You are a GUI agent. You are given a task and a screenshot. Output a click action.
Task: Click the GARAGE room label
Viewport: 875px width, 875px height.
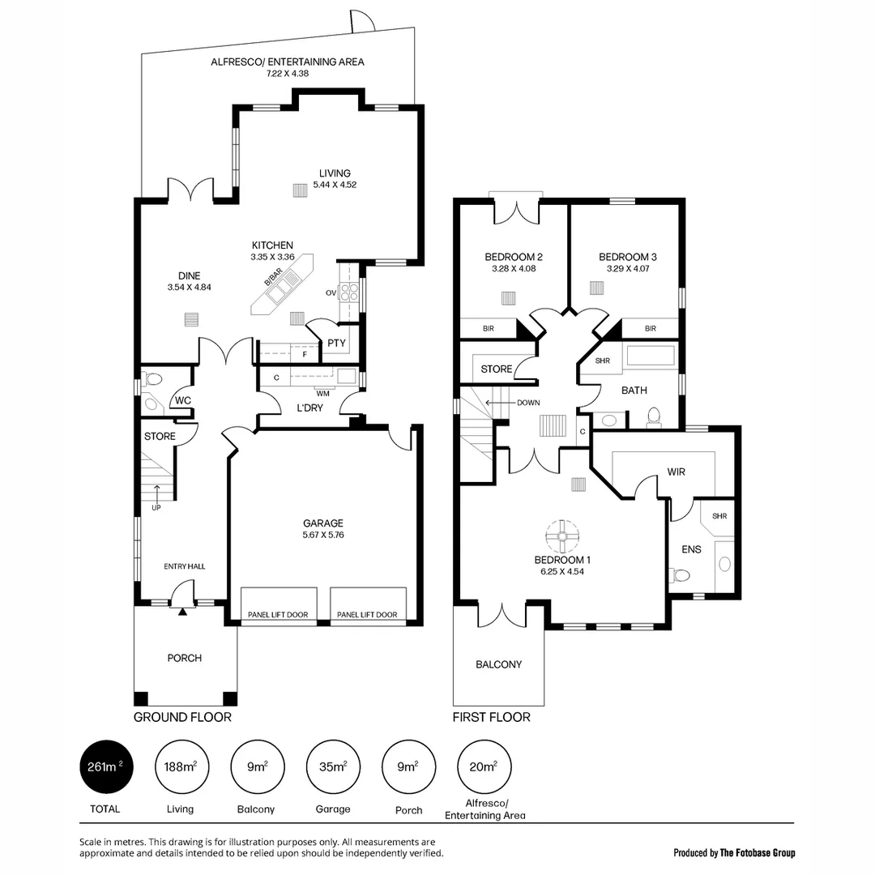[x=323, y=523]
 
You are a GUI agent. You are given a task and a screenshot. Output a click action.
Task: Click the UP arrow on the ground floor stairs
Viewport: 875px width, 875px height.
[x=156, y=492]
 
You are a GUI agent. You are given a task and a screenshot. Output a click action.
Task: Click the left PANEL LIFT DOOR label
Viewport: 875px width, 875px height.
[x=279, y=615]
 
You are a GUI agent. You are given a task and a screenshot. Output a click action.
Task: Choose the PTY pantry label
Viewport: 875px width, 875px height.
[x=336, y=344]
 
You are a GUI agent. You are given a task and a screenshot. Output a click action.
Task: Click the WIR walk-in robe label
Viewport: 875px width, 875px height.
[x=677, y=471]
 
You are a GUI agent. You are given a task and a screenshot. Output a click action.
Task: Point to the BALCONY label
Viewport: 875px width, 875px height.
[x=498, y=664]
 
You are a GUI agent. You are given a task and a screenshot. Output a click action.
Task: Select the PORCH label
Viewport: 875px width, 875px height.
[x=184, y=658]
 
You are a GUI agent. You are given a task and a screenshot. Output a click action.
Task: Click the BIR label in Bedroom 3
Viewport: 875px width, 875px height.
[x=651, y=329]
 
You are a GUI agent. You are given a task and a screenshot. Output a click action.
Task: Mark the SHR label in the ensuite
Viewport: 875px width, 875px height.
[x=719, y=516]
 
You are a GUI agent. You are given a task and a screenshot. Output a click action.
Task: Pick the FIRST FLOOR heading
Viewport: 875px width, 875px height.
[x=492, y=717]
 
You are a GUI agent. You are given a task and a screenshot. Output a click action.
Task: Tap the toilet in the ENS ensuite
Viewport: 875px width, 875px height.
[x=681, y=575]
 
